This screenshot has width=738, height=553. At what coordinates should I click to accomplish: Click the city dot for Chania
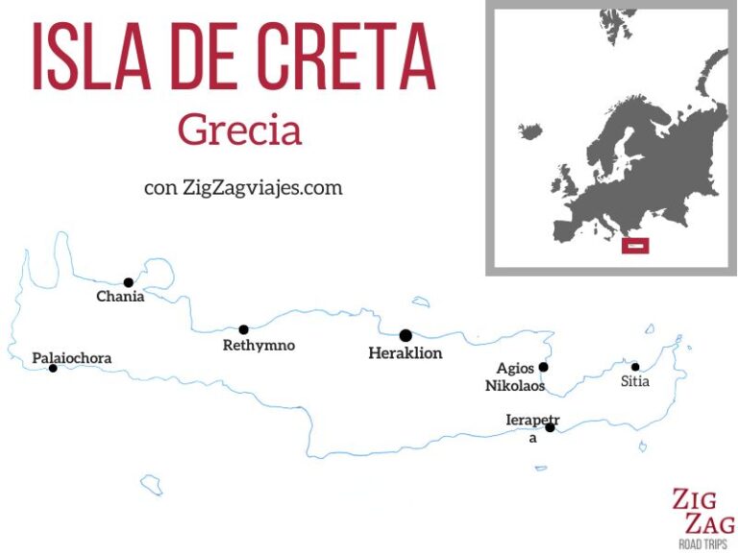click(128, 282)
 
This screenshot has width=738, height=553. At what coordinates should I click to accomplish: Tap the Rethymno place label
click(258, 346)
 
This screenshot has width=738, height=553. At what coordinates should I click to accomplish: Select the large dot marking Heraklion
click(406, 335)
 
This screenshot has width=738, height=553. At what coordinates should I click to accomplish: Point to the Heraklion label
click(406, 353)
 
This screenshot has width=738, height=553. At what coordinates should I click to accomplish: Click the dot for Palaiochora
click(53, 368)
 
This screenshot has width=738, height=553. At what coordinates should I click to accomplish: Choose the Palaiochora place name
click(72, 358)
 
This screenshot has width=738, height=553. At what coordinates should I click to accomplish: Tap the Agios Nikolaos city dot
click(543, 367)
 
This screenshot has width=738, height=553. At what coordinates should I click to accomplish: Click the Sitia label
click(635, 381)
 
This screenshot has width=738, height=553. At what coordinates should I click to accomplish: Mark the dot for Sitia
click(635, 366)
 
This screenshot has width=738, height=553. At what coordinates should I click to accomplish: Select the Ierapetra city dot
click(550, 427)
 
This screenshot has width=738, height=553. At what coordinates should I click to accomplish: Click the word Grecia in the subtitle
click(239, 131)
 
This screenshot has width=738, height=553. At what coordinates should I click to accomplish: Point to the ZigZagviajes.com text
click(261, 187)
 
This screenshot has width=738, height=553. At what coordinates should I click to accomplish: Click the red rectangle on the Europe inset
click(635, 246)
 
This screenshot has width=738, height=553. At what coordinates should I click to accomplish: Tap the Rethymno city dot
click(243, 329)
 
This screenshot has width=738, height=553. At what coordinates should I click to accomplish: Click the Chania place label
click(120, 297)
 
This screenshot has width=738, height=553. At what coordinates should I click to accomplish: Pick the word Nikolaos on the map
click(514, 386)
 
